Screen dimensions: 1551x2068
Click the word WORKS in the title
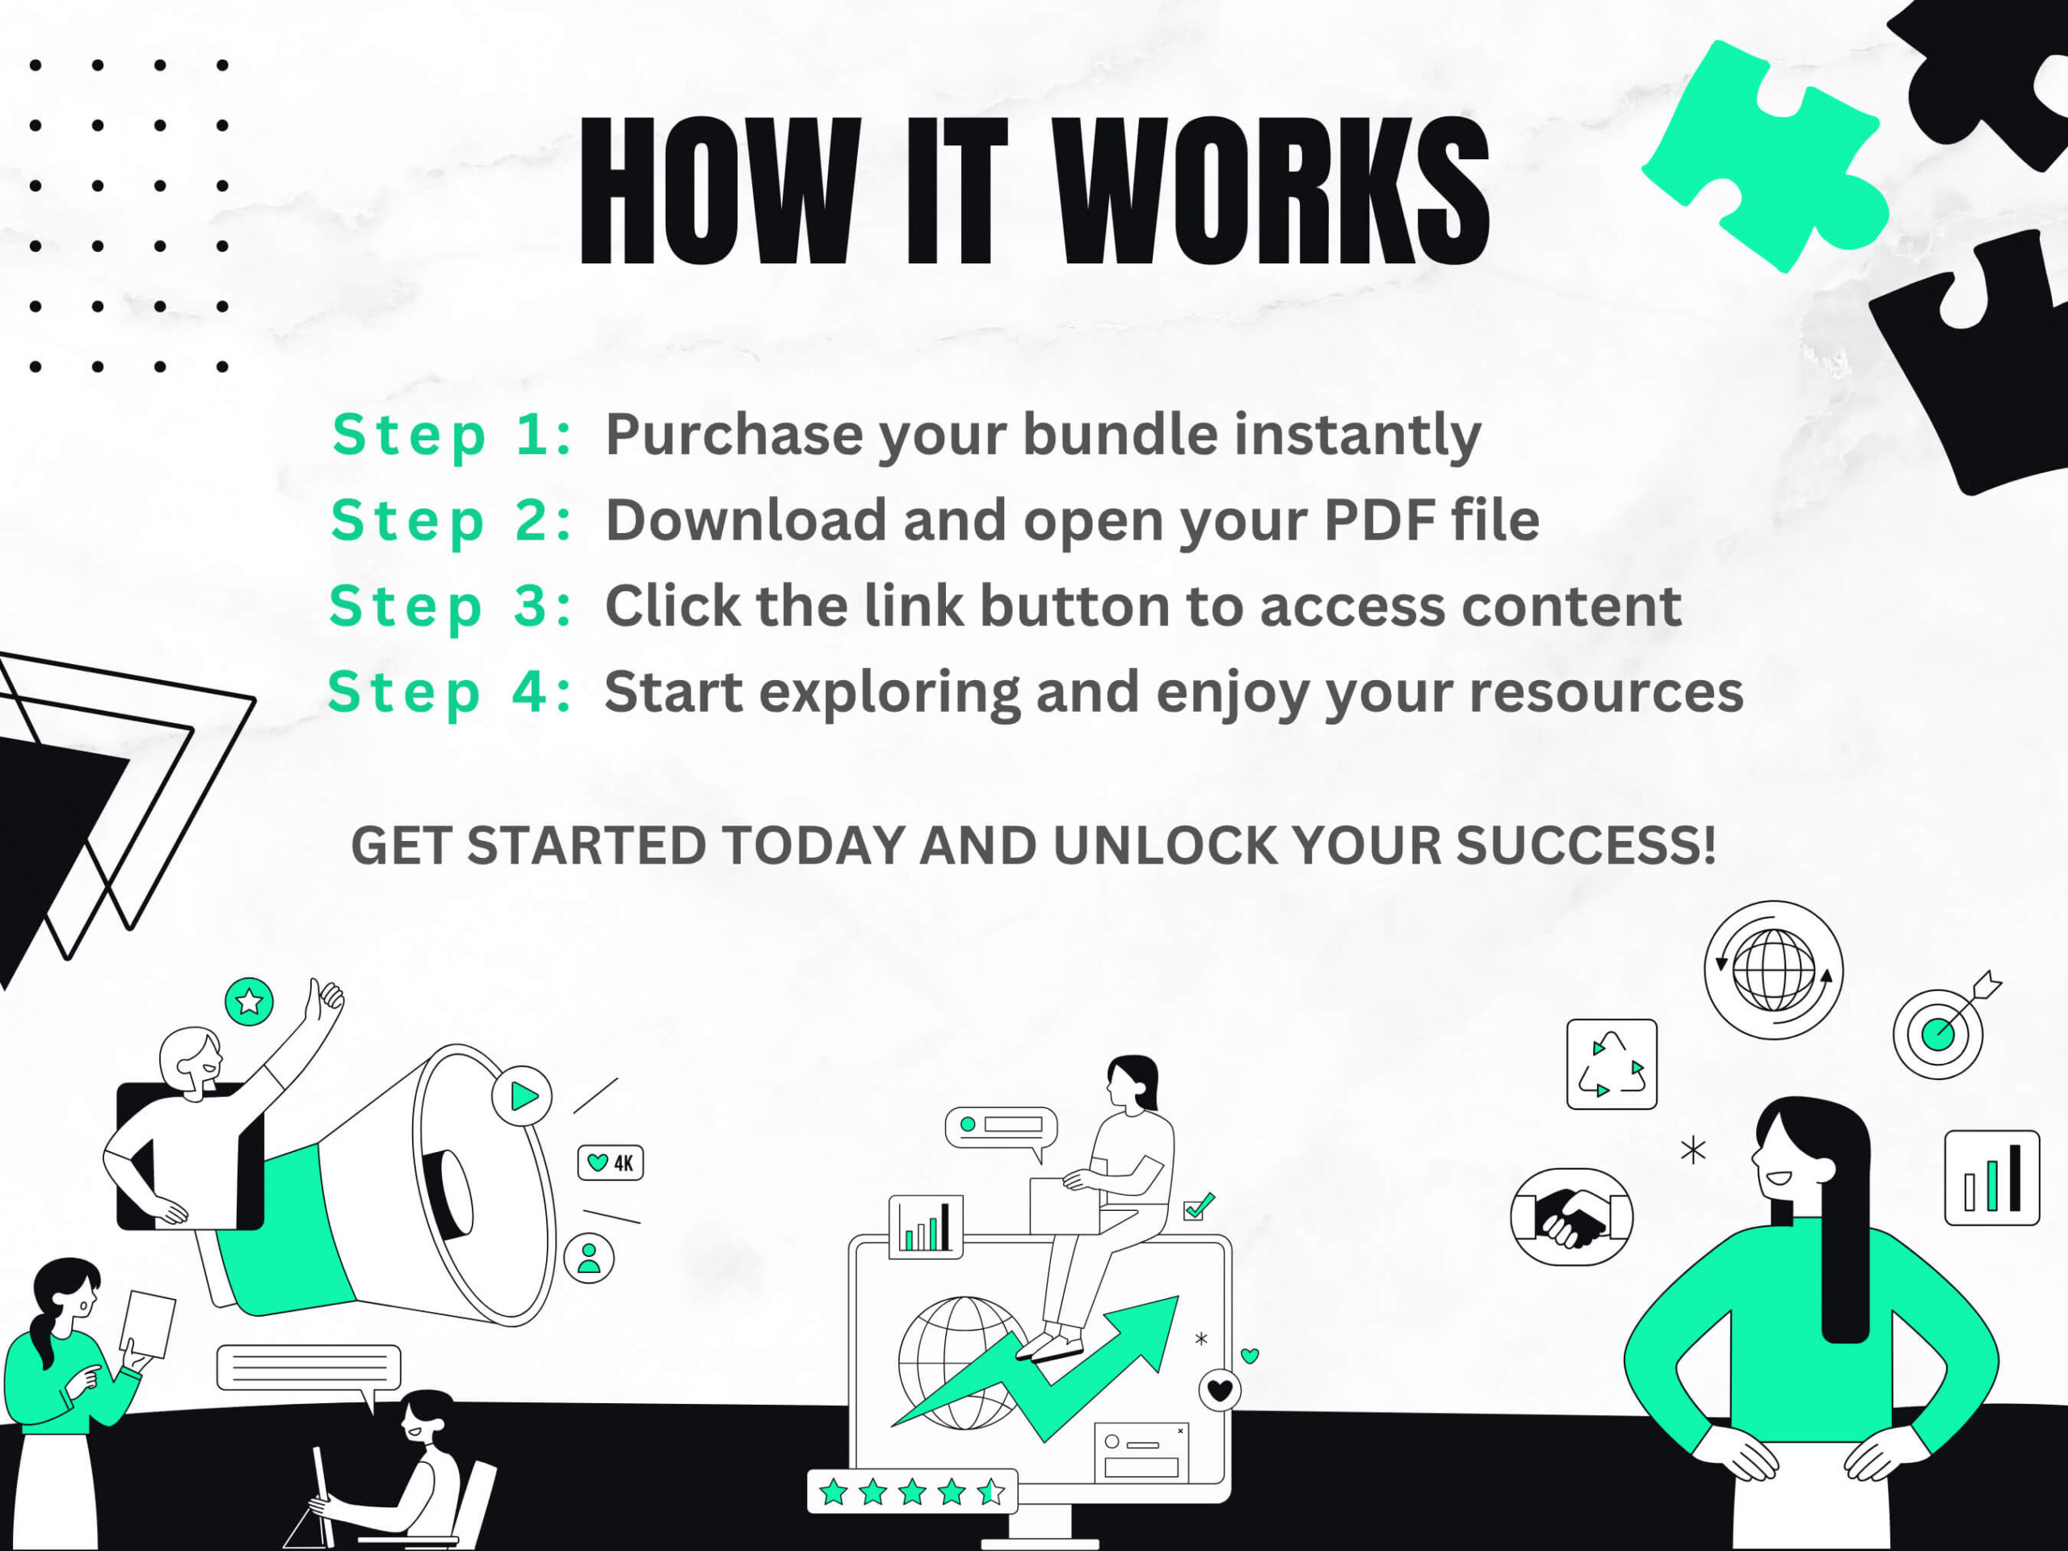click(1271, 191)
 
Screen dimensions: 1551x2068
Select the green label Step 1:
click(452, 435)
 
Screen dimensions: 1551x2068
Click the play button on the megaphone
click(523, 1095)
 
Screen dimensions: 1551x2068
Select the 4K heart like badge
click(611, 1163)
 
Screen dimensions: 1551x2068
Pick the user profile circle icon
click(589, 1258)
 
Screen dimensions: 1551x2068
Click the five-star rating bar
click(911, 1491)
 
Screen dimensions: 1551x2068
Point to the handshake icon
click(1571, 1217)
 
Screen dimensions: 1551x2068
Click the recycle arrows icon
click(1612, 1064)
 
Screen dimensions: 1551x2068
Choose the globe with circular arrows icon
click(1773, 969)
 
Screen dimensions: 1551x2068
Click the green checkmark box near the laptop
click(1198, 1207)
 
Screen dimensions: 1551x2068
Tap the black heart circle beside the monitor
click(1220, 1390)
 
